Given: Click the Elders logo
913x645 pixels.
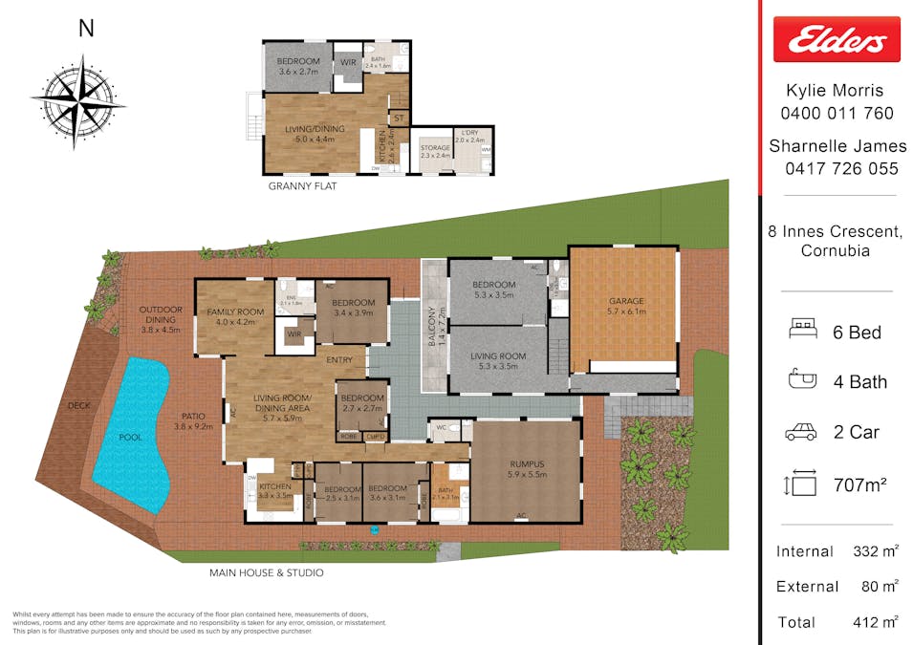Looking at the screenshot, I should pos(837,39).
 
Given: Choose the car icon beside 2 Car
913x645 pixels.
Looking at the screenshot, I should pos(801,432).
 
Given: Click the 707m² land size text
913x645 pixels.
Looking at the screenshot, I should pos(860,484).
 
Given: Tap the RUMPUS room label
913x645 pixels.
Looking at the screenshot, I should pos(527,464).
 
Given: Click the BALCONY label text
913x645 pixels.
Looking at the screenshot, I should pos(431,326).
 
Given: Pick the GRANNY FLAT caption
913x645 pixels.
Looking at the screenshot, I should pos(302,186).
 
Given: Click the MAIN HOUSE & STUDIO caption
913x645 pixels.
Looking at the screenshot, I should pos(266,573).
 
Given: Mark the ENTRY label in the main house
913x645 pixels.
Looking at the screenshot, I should pos(339,360).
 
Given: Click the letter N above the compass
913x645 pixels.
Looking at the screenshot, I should pos(86,29).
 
